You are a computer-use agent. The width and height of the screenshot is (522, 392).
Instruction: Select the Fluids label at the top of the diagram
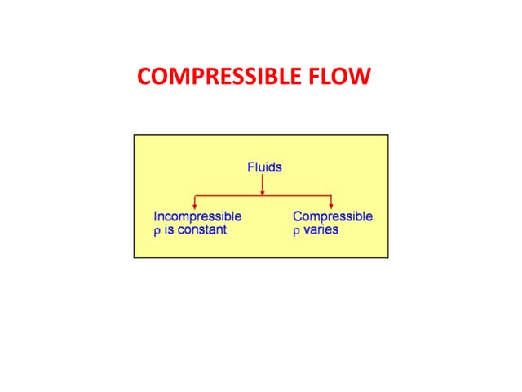[264, 167]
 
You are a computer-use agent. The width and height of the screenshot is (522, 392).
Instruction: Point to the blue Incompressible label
[197, 216]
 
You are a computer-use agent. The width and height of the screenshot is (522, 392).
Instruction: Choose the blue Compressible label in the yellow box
[333, 216]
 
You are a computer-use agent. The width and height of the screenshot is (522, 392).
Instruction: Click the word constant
[201, 230]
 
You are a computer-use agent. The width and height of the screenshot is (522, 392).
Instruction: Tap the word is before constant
[169, 230]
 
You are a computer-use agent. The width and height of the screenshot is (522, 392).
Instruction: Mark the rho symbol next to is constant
[157, 231]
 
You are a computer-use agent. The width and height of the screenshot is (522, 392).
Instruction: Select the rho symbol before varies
[296, 231]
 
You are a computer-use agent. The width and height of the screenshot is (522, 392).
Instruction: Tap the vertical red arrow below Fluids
[263, 185]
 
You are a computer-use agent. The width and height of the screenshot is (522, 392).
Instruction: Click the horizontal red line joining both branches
[228, 196]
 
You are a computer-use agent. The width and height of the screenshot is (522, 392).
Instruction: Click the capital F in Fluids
[250, 167]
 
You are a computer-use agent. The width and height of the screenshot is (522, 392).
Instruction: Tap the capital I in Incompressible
[155, 216]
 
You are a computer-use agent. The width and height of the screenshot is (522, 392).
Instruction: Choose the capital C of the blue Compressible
[297, 216]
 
